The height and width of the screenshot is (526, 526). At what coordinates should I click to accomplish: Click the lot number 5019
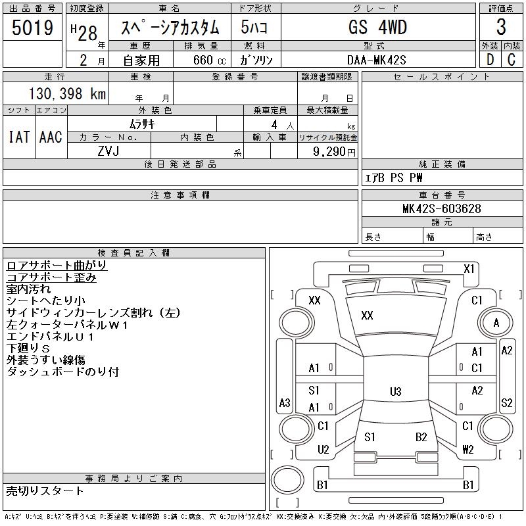pyautogui.click(x=32, y=27)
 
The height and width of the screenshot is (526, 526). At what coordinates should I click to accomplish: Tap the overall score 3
pyautogui.click(x=501, y=28)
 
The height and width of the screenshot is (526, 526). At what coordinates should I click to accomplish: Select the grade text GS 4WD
pyautogui.click(x=377, y=28)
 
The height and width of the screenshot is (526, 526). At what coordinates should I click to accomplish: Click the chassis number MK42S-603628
pyautogui.click(x=442, y=209)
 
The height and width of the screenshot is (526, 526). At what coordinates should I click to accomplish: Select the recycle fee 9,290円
pyautogui.click(x=335, y=151)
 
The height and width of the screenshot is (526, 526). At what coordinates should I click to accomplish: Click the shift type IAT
pyautogui.click(x=18, y=137)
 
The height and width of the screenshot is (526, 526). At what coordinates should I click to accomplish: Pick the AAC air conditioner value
pyautogui.click(x=51, y=137)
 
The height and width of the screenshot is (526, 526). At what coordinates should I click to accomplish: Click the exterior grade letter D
pyautogui.click(x=490, y=60)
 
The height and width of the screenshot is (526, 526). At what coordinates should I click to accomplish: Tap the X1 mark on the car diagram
pyautogui.click(x=469, y=268)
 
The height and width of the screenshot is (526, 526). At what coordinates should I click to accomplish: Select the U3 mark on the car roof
pyautogui.click(x=395, y=392)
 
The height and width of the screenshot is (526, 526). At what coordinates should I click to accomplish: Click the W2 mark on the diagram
pyautogui.click(x=467, y=450)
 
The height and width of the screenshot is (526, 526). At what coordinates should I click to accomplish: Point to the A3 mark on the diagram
pyautogui.click(x=285, y=402)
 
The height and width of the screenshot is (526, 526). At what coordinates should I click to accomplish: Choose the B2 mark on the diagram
pyautogui.click(x=421, y=437)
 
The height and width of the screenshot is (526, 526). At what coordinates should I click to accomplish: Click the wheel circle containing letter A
pyautogui.click(x=496, y=323)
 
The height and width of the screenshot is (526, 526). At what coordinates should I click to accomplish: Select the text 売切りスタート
pyautogui.click(x=45, y=490)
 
